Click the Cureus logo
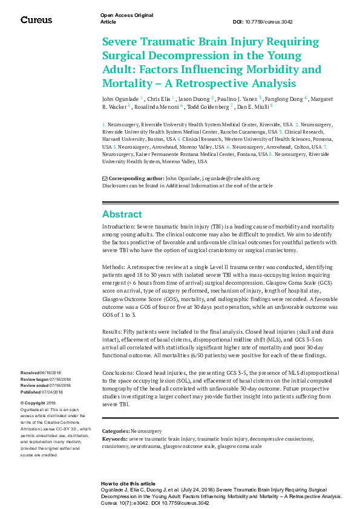[36, 20]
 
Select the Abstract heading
[122, 215]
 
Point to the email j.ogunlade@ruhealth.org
[231, 178]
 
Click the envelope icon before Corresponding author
[104, 178]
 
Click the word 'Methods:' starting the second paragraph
[114, 266]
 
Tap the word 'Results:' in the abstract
[113, 332]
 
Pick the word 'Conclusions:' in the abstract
[119, 373]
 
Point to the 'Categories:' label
[116, 431]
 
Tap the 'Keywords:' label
[115, 437]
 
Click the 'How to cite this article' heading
[128, 484]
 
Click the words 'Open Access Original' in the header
[126, 15]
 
